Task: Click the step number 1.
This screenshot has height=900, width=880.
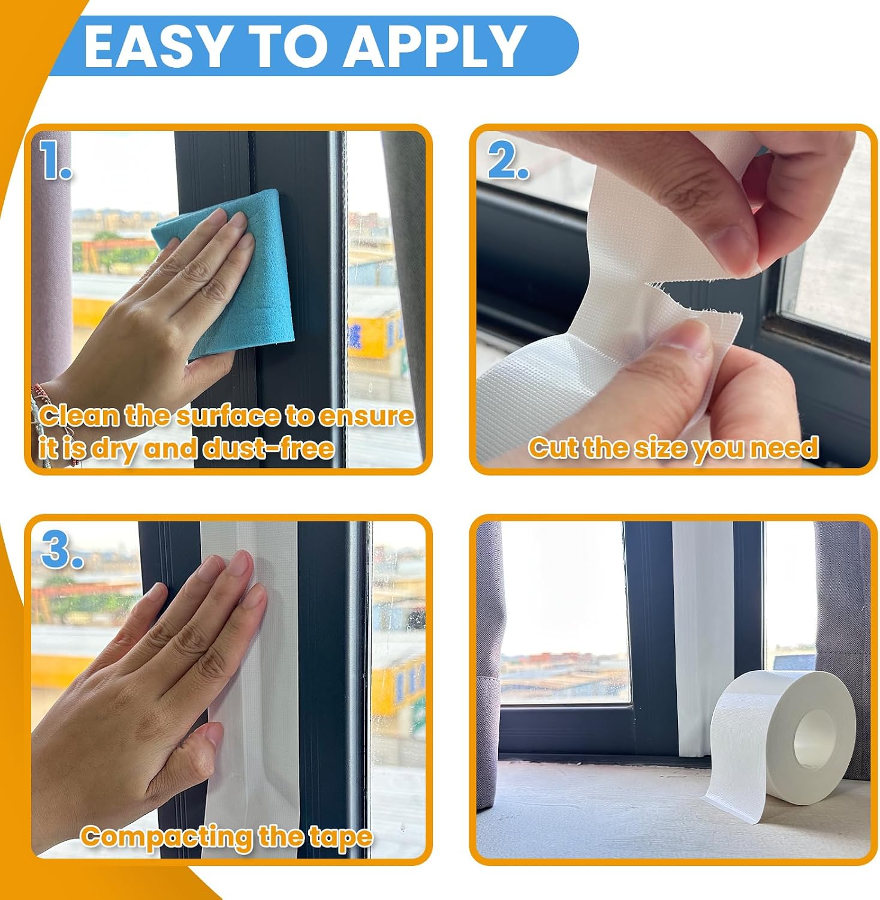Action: tap(56, 160)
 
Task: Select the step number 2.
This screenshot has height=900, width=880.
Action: tap(508, 161)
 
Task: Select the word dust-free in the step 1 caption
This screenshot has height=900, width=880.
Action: tap(269, 448)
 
